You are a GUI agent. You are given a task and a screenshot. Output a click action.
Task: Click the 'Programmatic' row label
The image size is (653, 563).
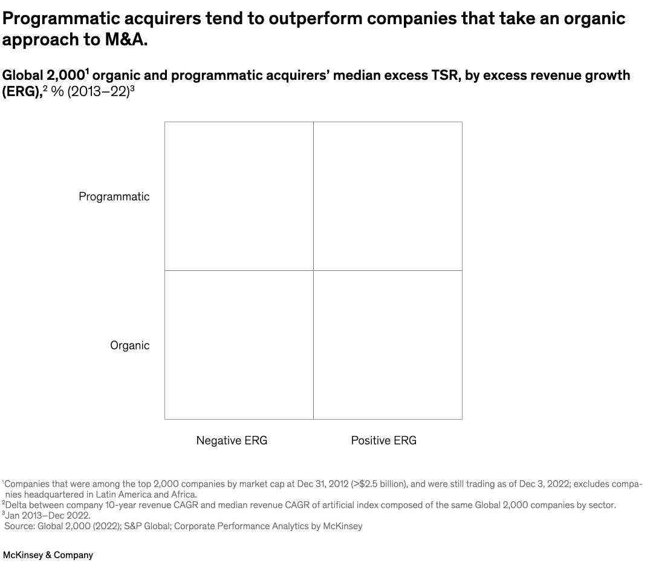[114, 197]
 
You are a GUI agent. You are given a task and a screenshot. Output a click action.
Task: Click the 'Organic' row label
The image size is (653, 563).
[129, 345]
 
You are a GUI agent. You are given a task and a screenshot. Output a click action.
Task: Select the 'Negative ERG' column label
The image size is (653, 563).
[232, 440]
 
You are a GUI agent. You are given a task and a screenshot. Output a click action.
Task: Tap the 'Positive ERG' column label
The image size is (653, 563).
[383, 440]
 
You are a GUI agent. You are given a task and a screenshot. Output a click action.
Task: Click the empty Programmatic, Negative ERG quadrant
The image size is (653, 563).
[239, 196]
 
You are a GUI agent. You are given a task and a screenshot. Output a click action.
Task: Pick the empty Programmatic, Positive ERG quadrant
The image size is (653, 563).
[388, 196]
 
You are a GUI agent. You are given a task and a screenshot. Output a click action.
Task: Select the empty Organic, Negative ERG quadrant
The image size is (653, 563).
[239, 345]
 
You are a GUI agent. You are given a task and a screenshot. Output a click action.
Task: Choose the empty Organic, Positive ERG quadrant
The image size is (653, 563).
[388, 345]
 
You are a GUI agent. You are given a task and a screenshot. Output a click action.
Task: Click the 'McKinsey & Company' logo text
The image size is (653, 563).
[48, 555]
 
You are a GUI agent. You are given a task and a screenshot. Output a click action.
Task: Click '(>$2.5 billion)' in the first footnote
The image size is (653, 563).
[378, 484]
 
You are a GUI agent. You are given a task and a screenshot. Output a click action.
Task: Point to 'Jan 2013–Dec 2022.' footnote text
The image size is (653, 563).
[48, 515]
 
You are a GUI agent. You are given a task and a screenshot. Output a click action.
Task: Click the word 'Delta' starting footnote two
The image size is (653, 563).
[16, 505]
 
